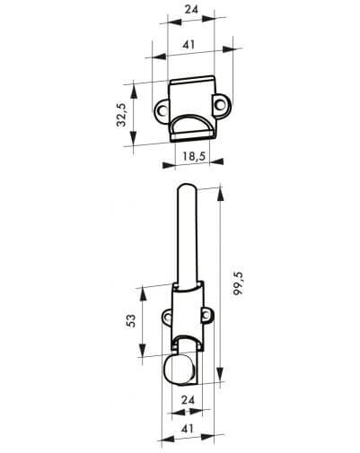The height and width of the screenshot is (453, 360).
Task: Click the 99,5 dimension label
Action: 239,284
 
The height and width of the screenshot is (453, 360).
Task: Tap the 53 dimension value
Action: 131,321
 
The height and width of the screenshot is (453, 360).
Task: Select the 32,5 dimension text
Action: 122,115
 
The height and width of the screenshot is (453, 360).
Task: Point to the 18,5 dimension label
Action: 194,156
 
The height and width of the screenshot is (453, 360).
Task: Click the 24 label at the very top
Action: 191,9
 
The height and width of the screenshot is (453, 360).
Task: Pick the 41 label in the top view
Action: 189,45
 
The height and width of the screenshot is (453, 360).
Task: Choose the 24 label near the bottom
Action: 188,400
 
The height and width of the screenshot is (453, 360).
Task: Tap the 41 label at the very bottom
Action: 188,429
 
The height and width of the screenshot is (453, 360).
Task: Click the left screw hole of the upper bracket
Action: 162,110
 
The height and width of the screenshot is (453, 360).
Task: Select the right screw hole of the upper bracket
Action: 220,105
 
